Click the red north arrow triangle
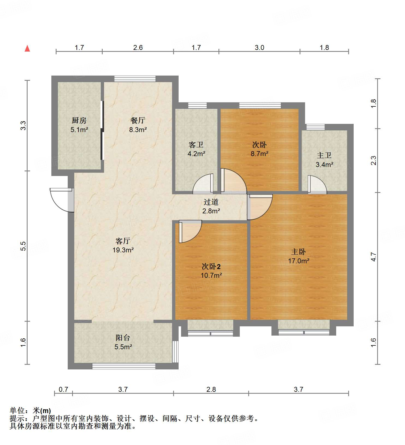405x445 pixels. click(x=27, y=49)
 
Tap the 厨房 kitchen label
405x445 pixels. click(x=79, y=120)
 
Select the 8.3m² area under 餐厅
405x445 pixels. click(x=138, y=130)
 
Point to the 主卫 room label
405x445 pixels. click(x=324, y=156)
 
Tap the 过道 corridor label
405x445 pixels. click(x=211, y=202)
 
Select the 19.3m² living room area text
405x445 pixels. click(x=123, y=250)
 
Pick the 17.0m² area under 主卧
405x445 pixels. click(x=298, y=261)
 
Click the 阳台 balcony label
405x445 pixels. click(x=123, y=338)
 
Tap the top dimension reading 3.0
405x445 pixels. click(x=259, y=47)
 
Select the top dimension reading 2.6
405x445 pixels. click(x=138, y=47)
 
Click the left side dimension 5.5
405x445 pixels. click(x=23, y=246)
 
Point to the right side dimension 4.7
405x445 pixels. click(x=373, y=257)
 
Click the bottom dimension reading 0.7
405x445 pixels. click(x=63, y=389)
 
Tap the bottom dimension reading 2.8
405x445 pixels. click(x=211, y=389)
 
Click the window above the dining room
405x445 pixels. click(x=135, y=79)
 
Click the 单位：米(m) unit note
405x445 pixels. click(x=30, y=410)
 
